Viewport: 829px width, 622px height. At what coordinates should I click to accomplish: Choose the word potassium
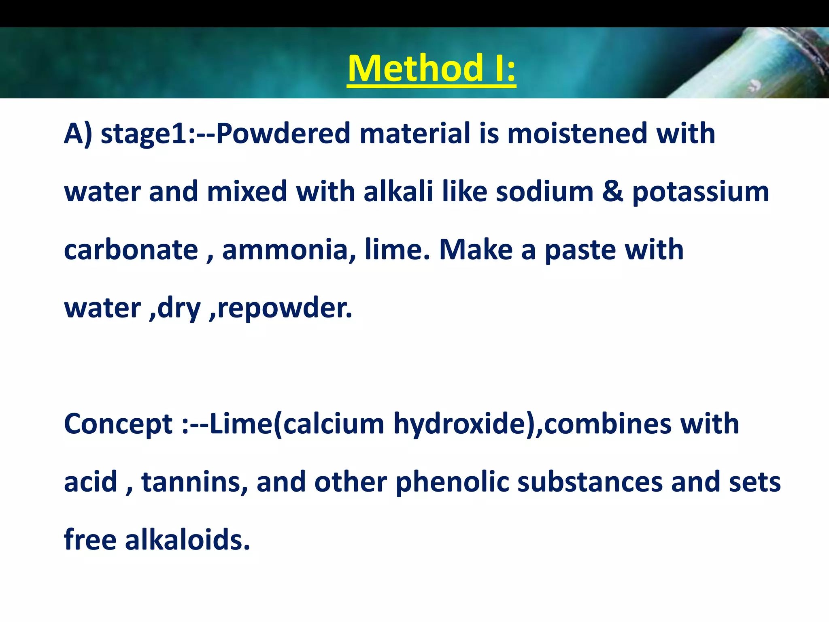700,192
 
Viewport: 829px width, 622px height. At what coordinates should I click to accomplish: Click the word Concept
118,424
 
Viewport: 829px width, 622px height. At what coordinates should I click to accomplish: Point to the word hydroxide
460,424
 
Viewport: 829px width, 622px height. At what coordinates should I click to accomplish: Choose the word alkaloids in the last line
187,540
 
